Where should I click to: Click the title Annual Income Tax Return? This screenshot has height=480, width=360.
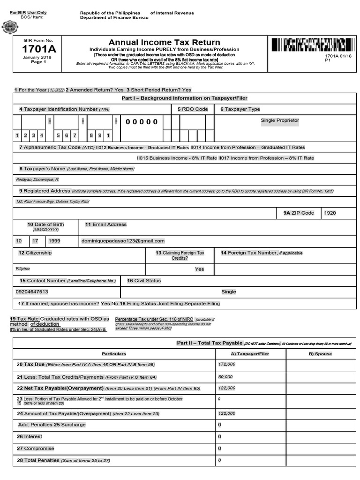click(x=164, y=42)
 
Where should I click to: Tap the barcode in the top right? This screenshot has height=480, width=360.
click(x=311, y=45)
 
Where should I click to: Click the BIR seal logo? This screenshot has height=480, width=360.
click(x=10, y=27)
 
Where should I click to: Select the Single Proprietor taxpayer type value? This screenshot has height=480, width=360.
click(x=280, y=120)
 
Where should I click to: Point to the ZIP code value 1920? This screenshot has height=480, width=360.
click(x=330, y=213)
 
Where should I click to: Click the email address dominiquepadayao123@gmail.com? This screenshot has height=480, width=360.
click(x=123, y=240)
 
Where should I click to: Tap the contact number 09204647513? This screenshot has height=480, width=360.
click(x=32, y=292)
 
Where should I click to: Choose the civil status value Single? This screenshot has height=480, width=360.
click(x=229, y=292)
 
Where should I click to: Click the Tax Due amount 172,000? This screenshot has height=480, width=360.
click(x=227, y=364)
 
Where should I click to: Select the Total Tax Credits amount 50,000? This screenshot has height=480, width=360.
click(x=225, y=376)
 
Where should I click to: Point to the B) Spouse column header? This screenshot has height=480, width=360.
click(x=320, y=353)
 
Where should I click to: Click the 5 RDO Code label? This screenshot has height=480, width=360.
click(x=193, y=109)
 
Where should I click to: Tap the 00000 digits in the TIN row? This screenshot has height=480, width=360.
click(x=142, y=122)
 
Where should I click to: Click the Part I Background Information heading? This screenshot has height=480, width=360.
click(x=184, y=98)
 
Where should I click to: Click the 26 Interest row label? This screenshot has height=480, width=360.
click(x=30, y=436)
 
